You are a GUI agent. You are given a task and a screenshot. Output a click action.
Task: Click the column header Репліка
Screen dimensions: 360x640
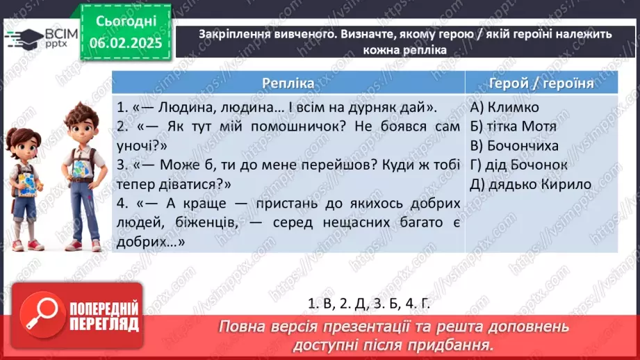point(288,83)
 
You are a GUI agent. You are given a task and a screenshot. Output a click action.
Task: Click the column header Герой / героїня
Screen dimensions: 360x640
point(541,83)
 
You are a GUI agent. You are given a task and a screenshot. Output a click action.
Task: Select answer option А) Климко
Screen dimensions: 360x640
point(504,108)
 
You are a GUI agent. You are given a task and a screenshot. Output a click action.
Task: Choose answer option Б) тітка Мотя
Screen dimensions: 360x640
point(513,126)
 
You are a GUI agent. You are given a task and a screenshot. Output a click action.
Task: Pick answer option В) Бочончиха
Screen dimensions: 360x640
point(514,146)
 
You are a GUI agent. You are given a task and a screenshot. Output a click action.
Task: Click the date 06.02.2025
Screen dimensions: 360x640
point(124,43)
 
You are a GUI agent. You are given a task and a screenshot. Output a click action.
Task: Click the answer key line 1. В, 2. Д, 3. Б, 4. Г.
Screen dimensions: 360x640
point(373,303)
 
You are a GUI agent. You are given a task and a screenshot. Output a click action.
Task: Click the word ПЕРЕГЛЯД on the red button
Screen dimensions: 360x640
point(104,325)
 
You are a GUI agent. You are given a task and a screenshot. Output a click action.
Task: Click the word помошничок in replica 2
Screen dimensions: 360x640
point(263,127)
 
